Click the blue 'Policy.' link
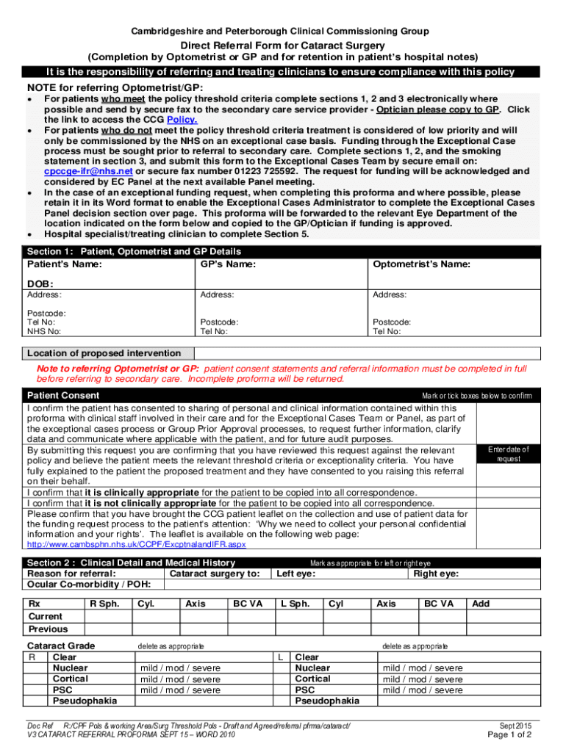pyautogui.click(x=182, y=120)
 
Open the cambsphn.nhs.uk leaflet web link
pyautogui.click(x=136, y=545)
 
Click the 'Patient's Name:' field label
pyautogui.click(x=65, y=264)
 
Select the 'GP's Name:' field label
pyautogui.click(x=228, y=264)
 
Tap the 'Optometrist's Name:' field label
pyautogui.click(x=422, y=264)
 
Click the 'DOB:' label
pyautogui.click(x=40, y=283)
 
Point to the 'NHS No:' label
pyautogui.click(x=43, y=331)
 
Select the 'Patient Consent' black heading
pyautogui.click(x=63, y=395)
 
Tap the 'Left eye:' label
pyautogui.click(x=295, y=574)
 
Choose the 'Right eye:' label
pyautogui.click(x=437, y=574)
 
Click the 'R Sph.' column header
pyautogui.click(x=104, y=604)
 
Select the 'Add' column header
pyautogui.click(x=481, y=604)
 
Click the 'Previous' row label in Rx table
pyautogui.click(x=48, y=629)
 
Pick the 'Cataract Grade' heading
pyautogui.click(x=61, y=646)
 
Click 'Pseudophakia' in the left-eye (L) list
pyautogui.click(x=327, y=701)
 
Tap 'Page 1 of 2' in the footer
pyautogui.click(x=509, y=734)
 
